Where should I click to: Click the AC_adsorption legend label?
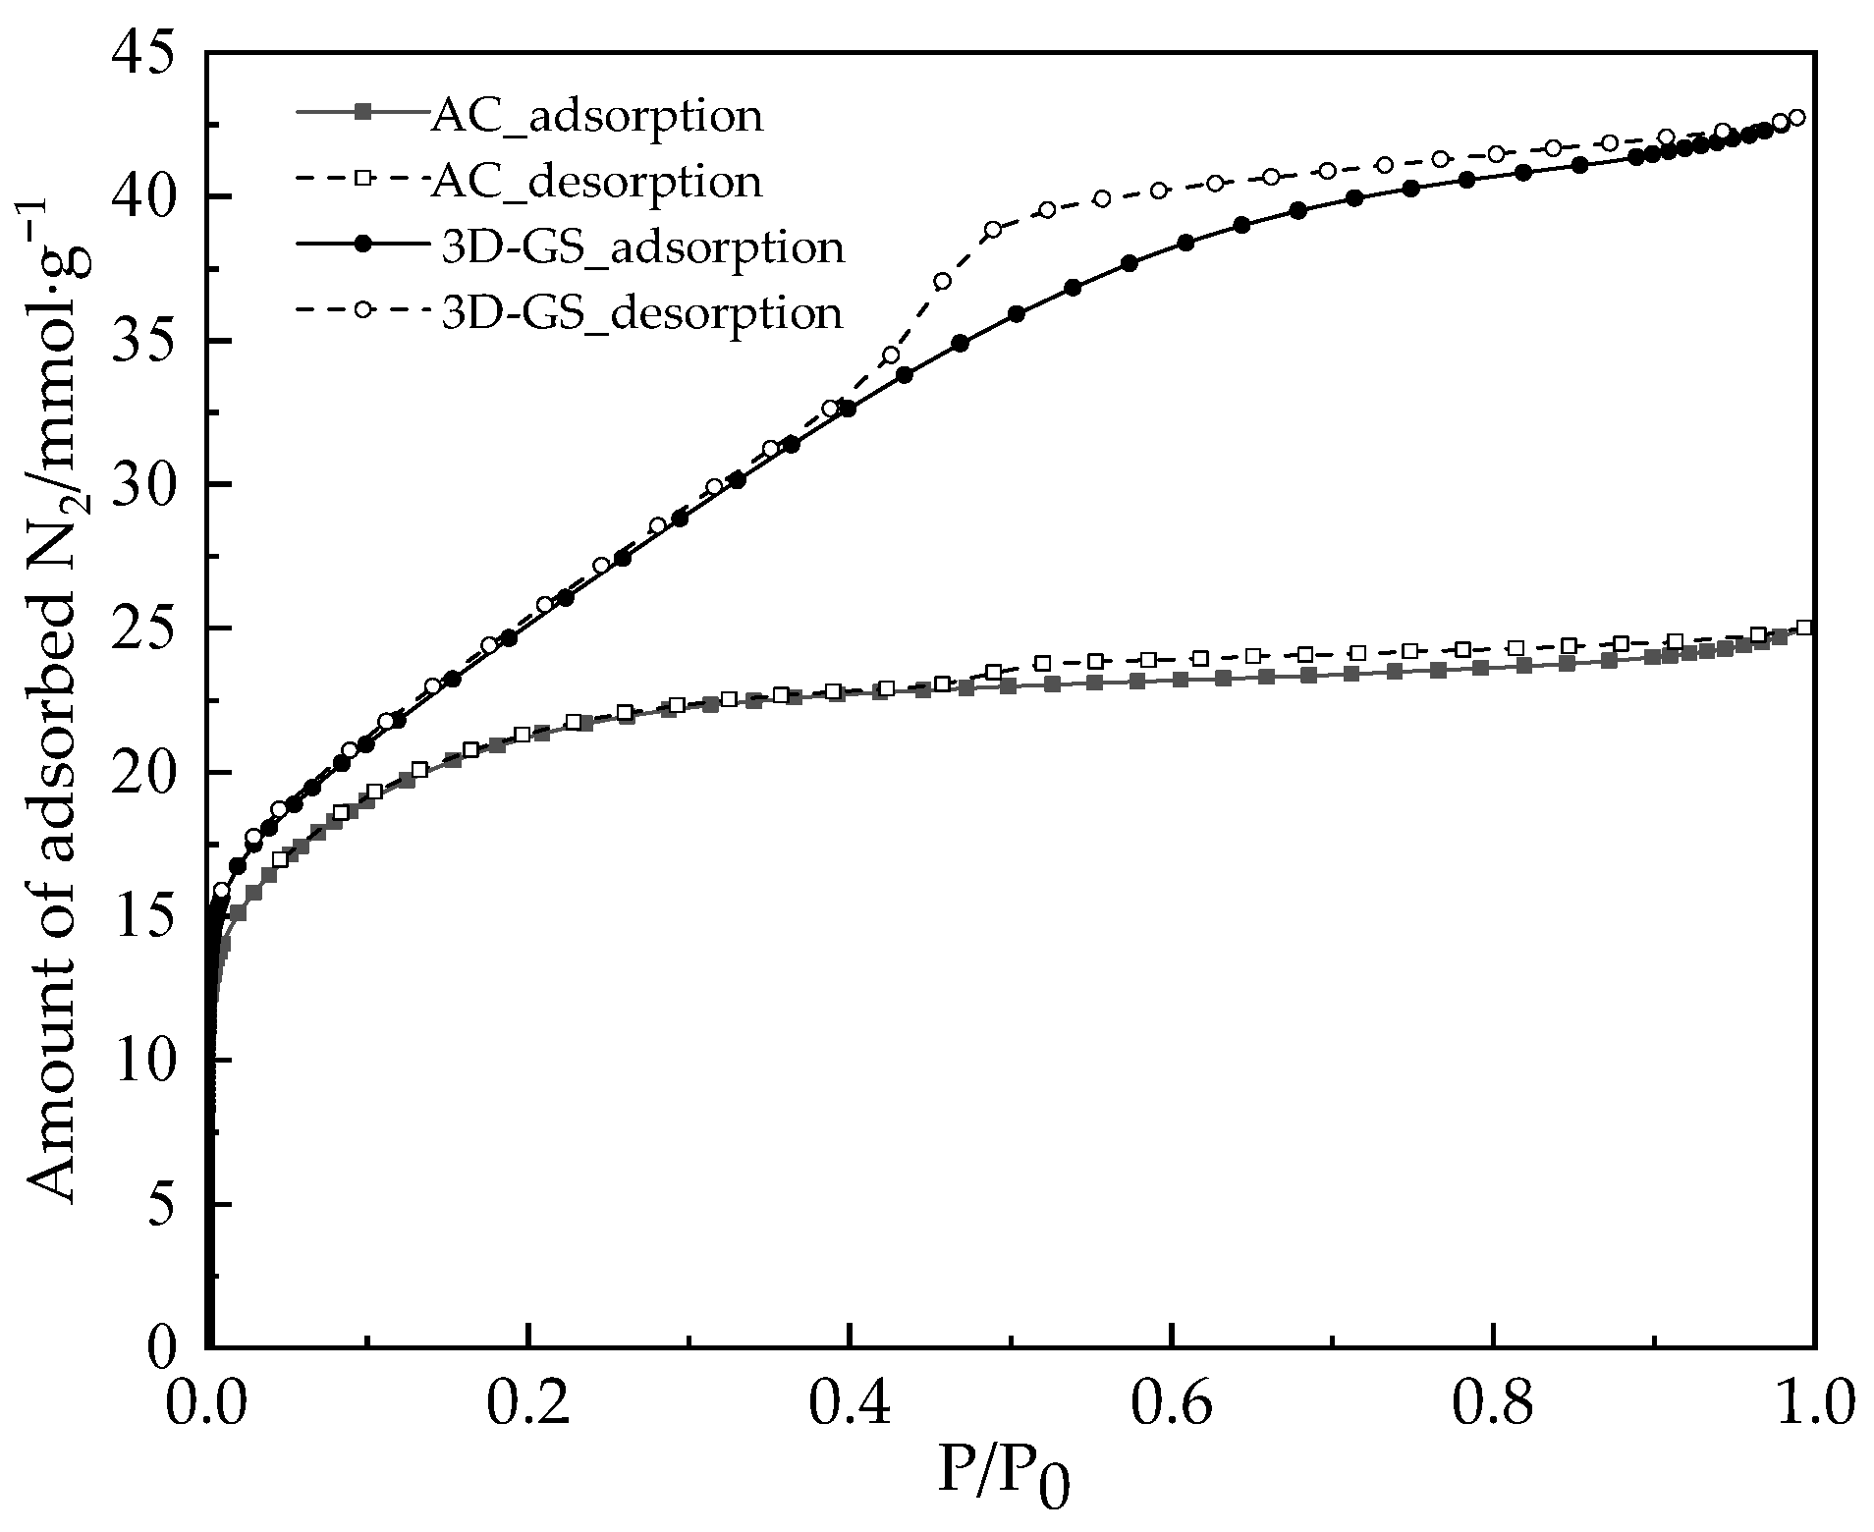595,116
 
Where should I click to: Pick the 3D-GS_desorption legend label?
642,312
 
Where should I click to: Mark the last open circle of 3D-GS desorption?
1796,118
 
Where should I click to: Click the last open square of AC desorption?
1803,628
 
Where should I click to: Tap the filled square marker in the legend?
362,113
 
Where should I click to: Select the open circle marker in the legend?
362,309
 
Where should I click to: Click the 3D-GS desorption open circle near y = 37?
942,281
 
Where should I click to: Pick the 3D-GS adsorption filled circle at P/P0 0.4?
848,409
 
